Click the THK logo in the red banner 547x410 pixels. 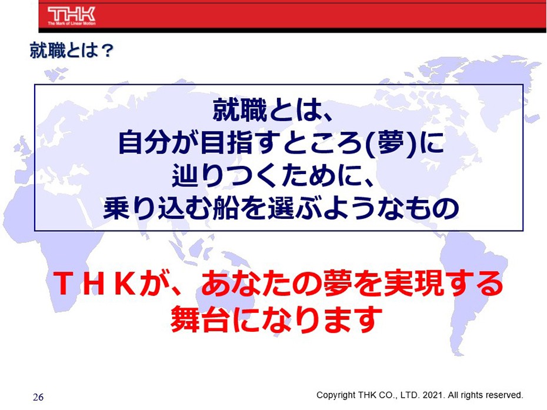pos(72,14)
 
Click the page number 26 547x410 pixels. pos(38,397)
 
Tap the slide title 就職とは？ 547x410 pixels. pos(72,51)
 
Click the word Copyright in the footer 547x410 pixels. pos(336,395)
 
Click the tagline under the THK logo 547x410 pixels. pos(72,24)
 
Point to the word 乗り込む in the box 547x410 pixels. pos(157,208)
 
